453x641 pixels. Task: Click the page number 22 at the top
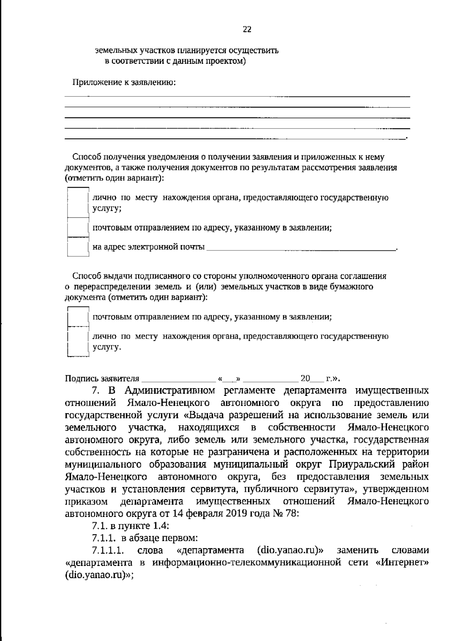[x=247, y=30]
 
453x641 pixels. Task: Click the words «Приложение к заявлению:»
[x=124, y=82]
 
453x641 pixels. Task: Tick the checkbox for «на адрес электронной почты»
[x=78, y=247]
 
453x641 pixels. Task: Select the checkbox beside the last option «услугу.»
[x=78, y=342]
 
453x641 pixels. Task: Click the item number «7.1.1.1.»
[x=108, y=550]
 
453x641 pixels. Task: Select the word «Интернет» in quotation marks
[x=402, y=563]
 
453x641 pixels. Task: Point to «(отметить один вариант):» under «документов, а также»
[x=114, y=178]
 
